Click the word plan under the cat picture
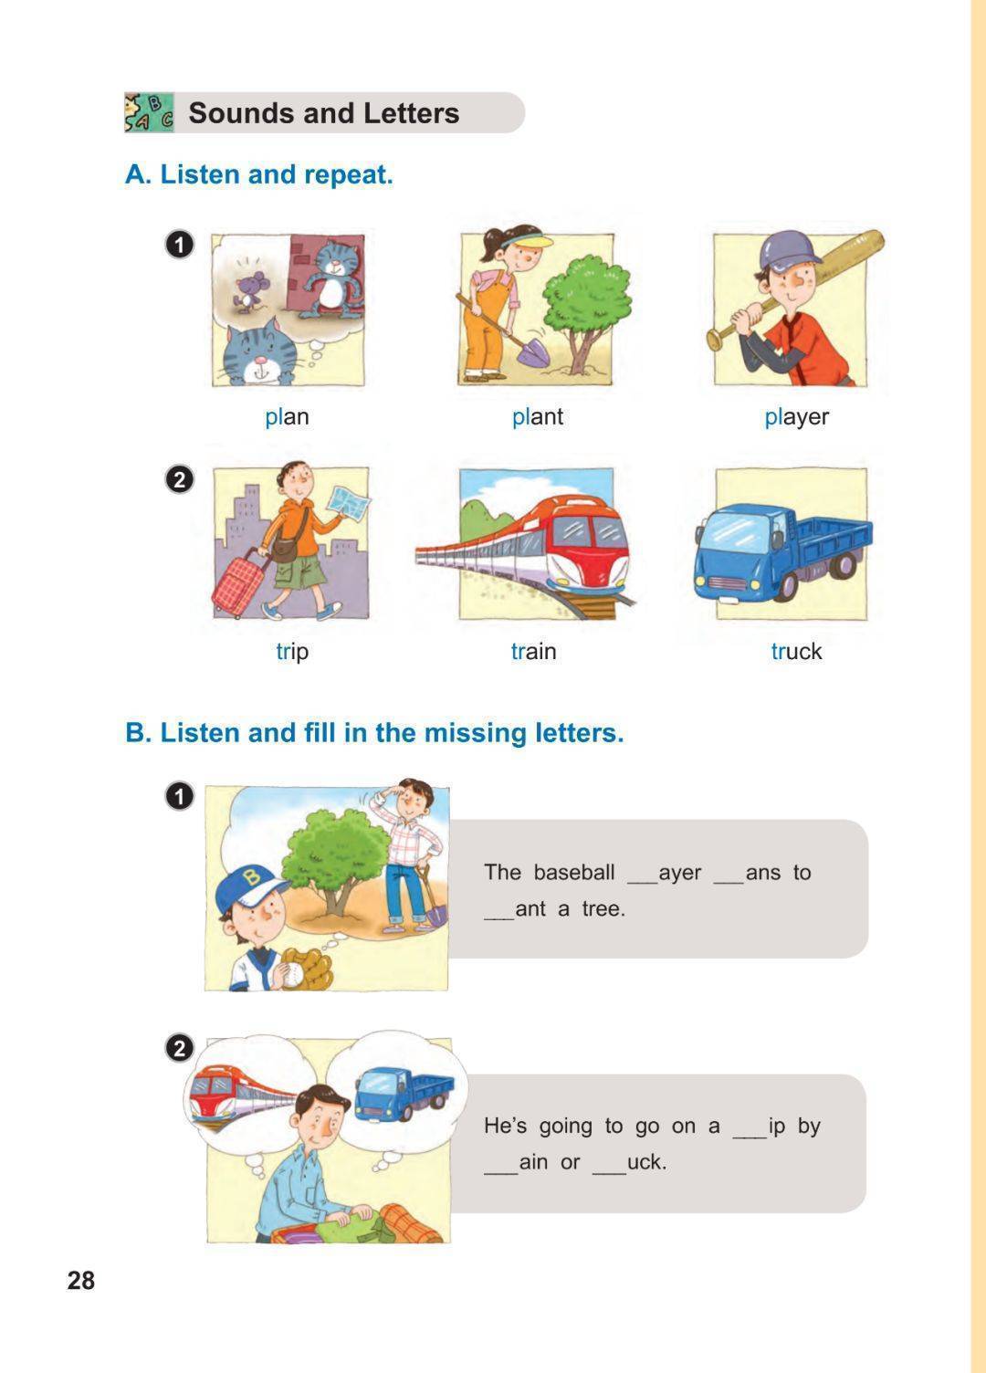click(x=287, y=418)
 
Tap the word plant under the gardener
click(x=538, y=418)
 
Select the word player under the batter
click(x=797, y=418)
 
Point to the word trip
click(x=292, y=652)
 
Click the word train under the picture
click(x=534, y=652)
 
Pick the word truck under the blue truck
click(x=797, y=652)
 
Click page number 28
click(x=81, y=1281)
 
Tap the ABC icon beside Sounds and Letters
click(x=149, y=113)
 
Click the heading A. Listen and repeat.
click(x=258, y=174)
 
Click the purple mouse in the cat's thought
click(x=247, y=291)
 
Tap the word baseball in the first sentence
click(x=573, y=873)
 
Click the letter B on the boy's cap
click(x=252, y=878)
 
